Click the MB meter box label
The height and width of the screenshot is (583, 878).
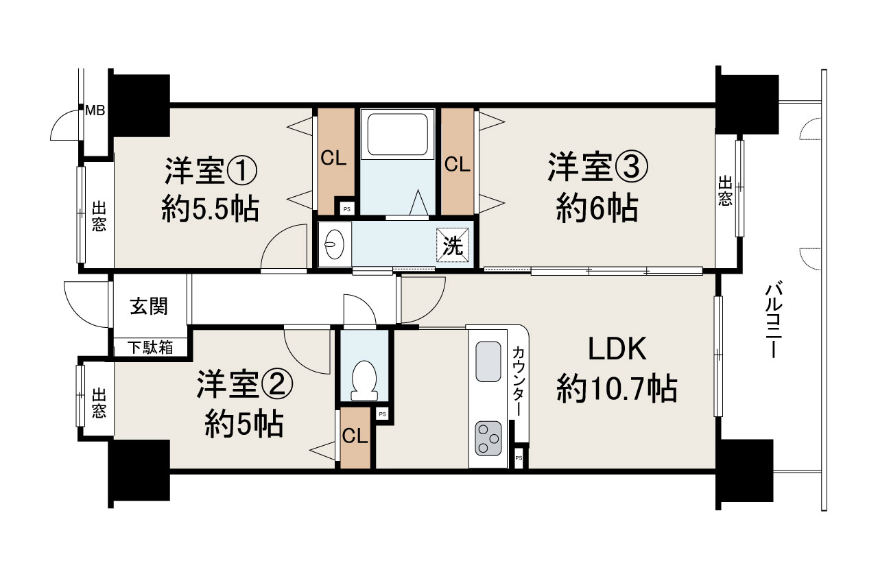pos(95,109)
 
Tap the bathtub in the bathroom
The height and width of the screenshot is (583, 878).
pos(399,134)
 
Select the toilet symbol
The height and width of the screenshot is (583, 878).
pos(364,379)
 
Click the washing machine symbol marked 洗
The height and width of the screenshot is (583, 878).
pos(453,245)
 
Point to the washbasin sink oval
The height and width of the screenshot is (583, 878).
pos(334,243)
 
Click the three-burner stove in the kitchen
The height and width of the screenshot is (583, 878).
pos(488,438)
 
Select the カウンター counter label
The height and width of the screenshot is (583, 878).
pos(519,381)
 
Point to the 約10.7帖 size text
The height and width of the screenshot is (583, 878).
pos(617,390)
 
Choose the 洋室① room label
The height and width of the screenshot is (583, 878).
pos(211,171)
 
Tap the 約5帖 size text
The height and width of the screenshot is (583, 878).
pos(244,426)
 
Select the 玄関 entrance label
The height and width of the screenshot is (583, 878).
pos(149,307)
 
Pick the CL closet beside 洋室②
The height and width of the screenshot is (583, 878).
pos(354,437)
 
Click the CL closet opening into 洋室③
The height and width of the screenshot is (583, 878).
pos(457,163)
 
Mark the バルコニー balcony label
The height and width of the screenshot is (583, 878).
pos(773,320)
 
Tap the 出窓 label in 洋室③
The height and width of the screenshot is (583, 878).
pos(725,191)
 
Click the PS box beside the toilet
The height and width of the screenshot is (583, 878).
pos(382,414)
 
